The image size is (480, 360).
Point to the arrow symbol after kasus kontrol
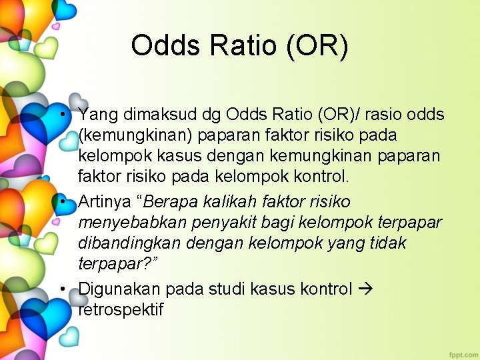pos(367,289)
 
